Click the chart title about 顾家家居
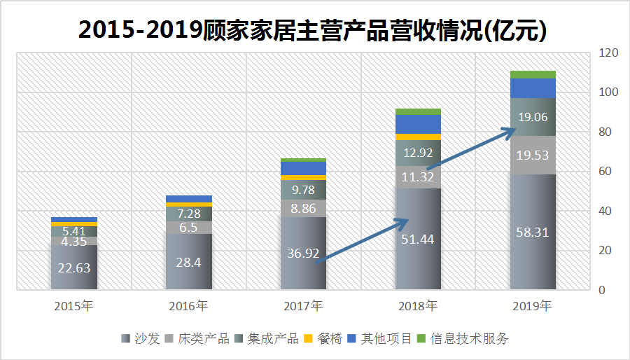click(312, 30)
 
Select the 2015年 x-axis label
click(73, 306)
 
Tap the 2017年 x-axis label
click(303, 306)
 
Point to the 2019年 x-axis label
click(532, 306)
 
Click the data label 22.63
click(73, 268)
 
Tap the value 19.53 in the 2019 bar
click(533, 155)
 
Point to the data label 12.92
click(418, 152)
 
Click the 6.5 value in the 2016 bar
click(188, 228)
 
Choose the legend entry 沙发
click(145, 339)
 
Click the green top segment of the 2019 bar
click(533, 74)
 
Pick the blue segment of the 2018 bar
click(418, 124)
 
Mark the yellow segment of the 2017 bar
click(303, 178)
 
